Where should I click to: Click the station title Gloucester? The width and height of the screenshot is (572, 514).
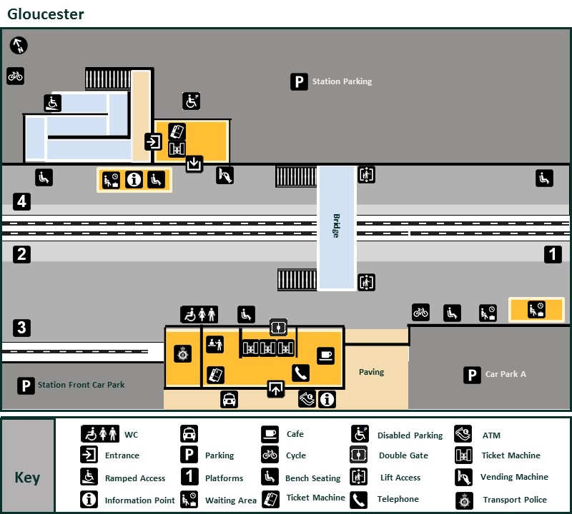pyautogui.click(x=46, y=14)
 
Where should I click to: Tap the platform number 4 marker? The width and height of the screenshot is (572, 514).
pyautogui.click(x=22, y=201)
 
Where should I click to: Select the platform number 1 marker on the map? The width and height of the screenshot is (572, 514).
pyautogui.click(x=553, y=253)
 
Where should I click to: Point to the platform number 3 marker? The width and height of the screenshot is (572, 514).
pyautogui.click(x=22, y=328)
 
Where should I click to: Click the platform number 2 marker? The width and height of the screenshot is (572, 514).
pyautogui.click(x=22, y=253)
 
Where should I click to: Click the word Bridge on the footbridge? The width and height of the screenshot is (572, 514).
pyautogui.click(x=336, y=226)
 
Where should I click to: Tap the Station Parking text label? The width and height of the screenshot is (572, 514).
pyautogui.click(x=342, y=82)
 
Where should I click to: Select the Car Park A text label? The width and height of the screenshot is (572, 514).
pyautogui.click(x=506, y=374)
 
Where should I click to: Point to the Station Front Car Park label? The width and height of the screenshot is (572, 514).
pyautogui.click(x=81, y=385)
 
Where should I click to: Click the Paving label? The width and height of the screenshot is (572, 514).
pyautogui.click(x=371, y=372)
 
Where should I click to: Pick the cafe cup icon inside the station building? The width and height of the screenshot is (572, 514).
pyautogui.click(x=325, y=355)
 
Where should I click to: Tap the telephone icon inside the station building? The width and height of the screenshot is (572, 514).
pyautogui.click(x=300, y=373)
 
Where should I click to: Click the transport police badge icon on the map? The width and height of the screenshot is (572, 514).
pyautogui.click(x=183, y=353)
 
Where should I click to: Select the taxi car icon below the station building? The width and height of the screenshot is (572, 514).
pyautogui.click(x=229, y=399)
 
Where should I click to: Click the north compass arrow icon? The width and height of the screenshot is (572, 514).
pyautogui.click(x=19, y=46)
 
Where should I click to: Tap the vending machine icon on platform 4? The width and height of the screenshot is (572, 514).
pyautogui.click(x=225, y=175)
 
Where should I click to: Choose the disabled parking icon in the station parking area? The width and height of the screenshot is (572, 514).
pyautogui.click(x=191, y=101)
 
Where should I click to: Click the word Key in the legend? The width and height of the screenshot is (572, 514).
pyautogui.click(x=28, y=478)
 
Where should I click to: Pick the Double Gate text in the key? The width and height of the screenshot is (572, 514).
pyautogui.click(x=403, y=455)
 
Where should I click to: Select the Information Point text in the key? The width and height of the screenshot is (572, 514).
pyautogui.click(x=139, y=500)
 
